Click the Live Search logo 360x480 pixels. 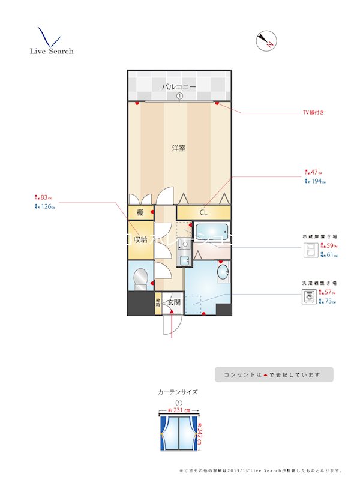point(51,42)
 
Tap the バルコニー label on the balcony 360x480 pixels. point(179,88)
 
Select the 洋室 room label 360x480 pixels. point(179,148)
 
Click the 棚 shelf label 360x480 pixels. point(140,213)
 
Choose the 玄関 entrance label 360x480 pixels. point(174,302)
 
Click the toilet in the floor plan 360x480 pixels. point(141,278)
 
